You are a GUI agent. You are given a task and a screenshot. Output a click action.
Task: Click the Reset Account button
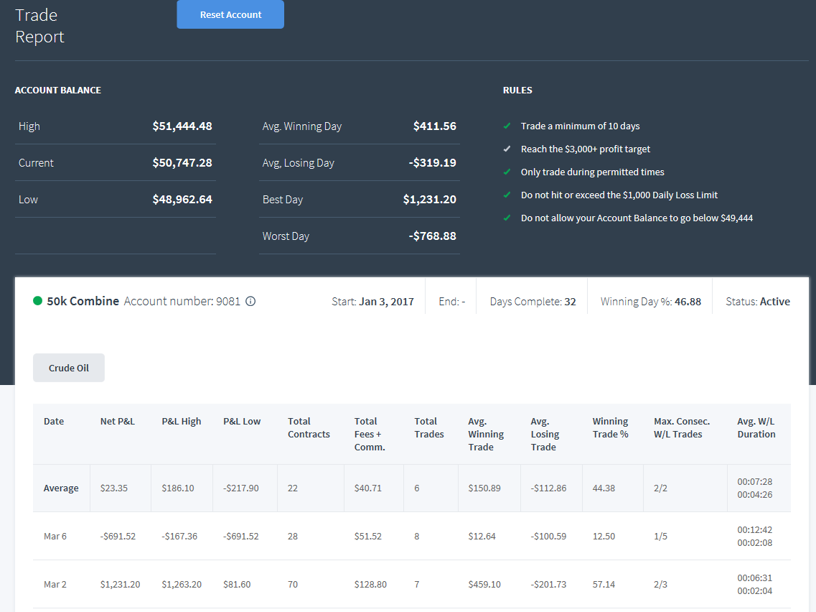[230, 14]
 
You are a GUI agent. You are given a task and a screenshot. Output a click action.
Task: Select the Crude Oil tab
[69, 368]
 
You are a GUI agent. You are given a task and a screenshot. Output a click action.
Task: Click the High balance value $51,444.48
[182, 126]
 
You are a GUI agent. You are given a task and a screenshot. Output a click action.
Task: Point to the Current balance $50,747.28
[182, 162]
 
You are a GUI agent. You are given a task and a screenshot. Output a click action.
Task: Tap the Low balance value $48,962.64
[182, 199]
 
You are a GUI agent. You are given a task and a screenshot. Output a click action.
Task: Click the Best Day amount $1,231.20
[429, 199]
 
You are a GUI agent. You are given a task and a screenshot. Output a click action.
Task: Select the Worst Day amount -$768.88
[433, 236]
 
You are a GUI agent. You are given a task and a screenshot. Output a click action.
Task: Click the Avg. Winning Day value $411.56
[434, 126]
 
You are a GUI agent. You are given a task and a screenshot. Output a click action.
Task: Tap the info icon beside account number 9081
[250, 301]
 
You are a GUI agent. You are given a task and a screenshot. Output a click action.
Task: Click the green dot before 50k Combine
[37, 300]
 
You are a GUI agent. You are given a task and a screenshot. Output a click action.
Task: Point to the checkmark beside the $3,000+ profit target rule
[507, 149]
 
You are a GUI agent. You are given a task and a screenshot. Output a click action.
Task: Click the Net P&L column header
[118, 422]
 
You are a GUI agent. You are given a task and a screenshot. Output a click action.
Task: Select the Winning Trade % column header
[611, 427]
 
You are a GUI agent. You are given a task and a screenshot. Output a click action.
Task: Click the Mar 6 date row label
[55, 536]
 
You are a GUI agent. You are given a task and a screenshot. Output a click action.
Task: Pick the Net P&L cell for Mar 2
[121, 585]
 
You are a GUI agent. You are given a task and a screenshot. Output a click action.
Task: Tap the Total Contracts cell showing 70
[293, 585]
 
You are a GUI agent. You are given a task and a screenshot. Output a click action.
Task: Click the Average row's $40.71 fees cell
[368, 488]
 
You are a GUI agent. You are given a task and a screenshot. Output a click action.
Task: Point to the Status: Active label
[758, 302]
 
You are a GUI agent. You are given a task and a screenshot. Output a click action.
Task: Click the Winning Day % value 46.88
[688, 302]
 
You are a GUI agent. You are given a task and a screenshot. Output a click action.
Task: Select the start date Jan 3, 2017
[387, 302]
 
